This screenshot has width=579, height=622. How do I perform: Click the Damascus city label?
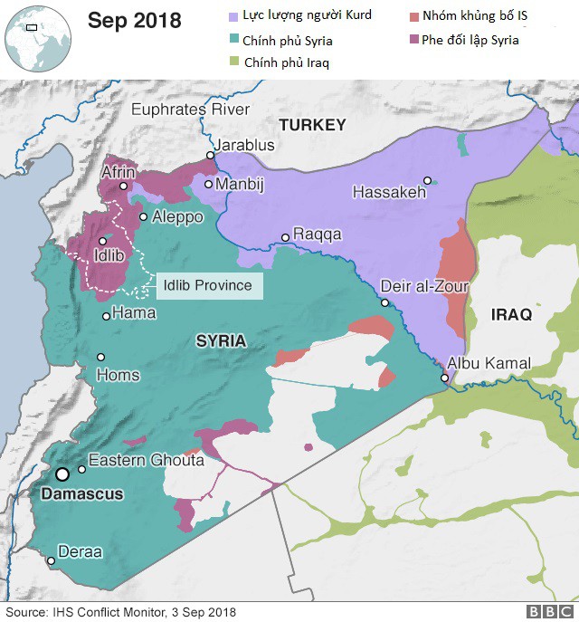(x=81, y=494)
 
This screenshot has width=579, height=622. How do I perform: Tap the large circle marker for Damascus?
(x=62, y=474)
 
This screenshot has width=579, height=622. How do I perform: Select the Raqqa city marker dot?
(x=285, y=237)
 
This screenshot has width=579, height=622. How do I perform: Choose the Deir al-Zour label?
(x=424, y=286)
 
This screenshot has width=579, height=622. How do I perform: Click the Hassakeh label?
(x=388, y=192)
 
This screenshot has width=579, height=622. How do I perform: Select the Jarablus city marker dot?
(x=210, y=155)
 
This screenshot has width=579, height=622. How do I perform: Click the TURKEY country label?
(x=312, y=125)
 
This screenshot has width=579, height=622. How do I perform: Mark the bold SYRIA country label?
(x=221, y=341)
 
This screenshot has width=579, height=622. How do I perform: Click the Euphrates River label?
(x=190, y=110)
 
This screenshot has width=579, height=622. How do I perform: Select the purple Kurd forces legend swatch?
(x=233, y=16)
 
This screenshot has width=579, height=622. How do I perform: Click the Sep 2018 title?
(x=134, y=21)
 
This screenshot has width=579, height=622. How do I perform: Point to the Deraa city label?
(x=80, y=551)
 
